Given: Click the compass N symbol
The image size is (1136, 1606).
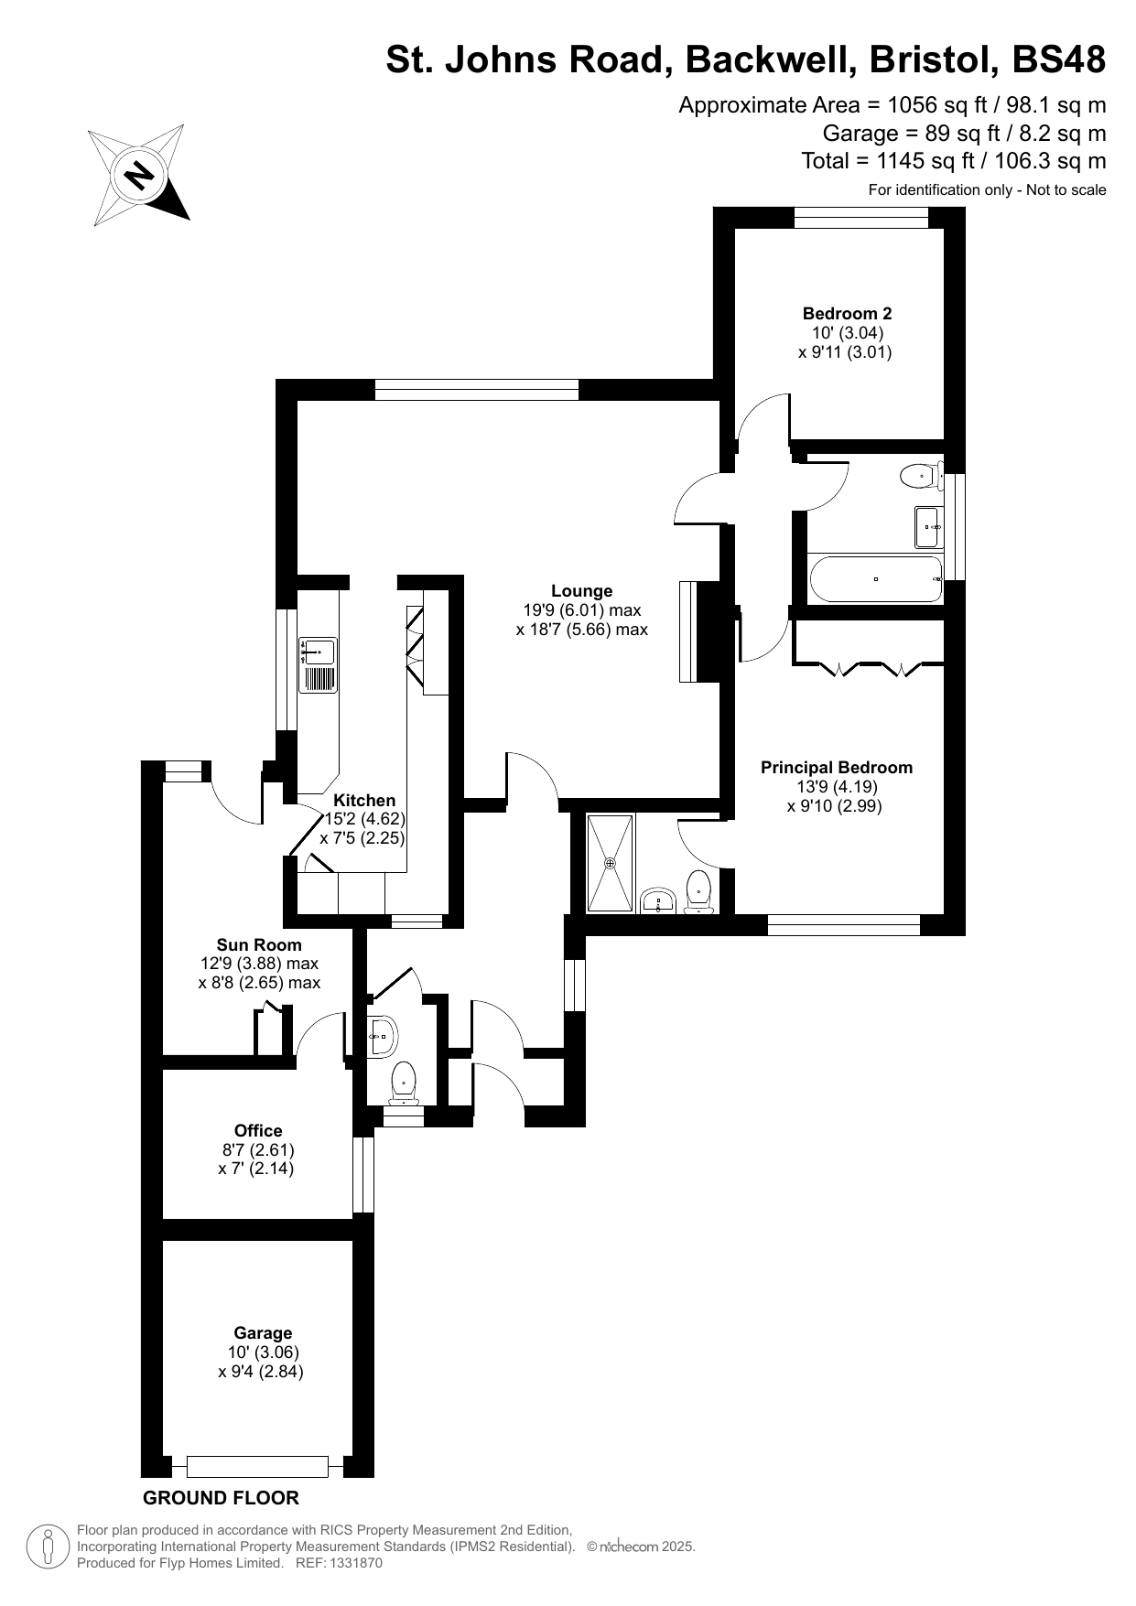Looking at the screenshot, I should (x=140, y=174).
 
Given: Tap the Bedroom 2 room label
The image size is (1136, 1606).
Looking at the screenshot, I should (x=847, y=313).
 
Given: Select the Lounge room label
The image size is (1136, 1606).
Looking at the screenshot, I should (x=581, y=591).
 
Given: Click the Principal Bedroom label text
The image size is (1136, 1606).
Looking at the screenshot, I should (x=836, y=768).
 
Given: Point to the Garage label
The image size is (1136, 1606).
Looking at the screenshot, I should (x=263, y=1333).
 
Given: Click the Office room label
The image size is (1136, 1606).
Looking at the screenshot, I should (x=258, y=1130).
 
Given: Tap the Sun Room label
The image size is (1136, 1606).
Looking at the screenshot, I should (x=259, y=944).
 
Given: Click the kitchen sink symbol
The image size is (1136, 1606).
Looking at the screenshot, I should (x=318, y=652).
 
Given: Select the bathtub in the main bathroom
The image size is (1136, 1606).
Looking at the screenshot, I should (x=876, y=579).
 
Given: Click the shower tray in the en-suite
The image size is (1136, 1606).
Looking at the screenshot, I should (x=610, y=863).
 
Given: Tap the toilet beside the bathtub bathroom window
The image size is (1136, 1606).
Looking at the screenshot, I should (x=919, y=475).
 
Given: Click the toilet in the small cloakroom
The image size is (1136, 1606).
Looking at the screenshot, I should (x=404, y=1082).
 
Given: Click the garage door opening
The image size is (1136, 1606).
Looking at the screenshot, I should (x=257, y=1467).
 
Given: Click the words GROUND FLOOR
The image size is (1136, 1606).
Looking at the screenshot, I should (x=221, y=1498).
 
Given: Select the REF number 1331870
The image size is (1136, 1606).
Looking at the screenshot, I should (x=352, y=1563).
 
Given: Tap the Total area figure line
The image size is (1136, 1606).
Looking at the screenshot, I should (x=953, y=161).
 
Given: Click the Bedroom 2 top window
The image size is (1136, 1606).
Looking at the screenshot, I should (x=861, y=217).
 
